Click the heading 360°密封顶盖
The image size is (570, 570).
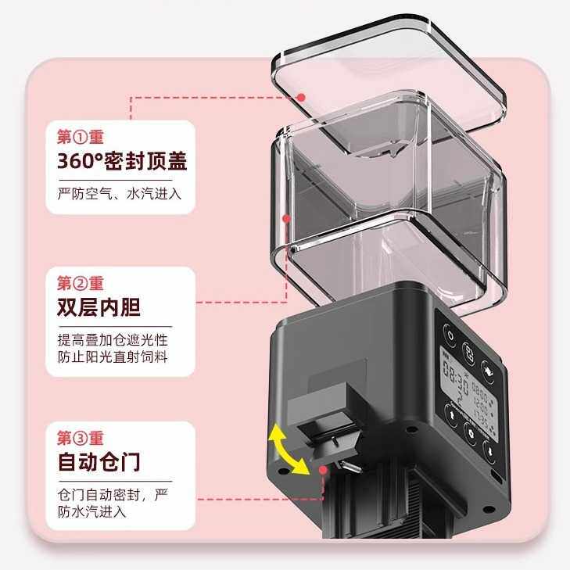tap(122, 162)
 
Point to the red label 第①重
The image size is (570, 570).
tap(81, 137)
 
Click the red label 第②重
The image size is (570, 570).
tap(81, 283)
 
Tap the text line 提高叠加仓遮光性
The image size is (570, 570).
tap(113, 342)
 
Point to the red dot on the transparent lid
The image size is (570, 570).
tap(302, 96)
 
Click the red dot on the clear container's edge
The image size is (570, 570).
tap(287, 219)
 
